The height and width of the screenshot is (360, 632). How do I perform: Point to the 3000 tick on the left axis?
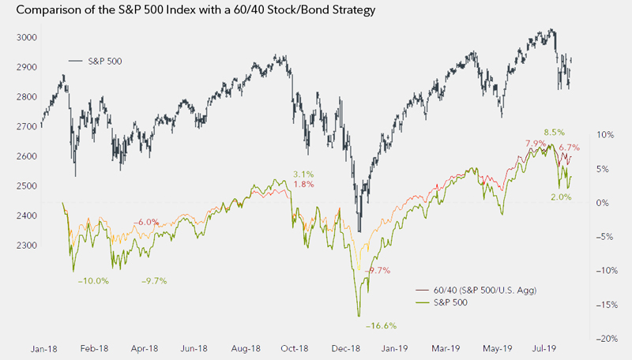(26, 38)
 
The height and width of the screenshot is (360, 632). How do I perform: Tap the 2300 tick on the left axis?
(26, 246)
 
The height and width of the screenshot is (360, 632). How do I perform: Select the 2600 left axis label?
(26, 156)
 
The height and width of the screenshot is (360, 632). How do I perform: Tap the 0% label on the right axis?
(602, 203)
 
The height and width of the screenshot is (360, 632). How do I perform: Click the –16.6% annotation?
(380, 325)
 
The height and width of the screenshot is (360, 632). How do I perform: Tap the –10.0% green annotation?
(93, 281)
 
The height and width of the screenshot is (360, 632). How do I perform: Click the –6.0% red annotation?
(146, 222)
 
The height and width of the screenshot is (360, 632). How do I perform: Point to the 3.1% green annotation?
(303, 174)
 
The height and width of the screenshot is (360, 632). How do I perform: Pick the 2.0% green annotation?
(561, 197)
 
